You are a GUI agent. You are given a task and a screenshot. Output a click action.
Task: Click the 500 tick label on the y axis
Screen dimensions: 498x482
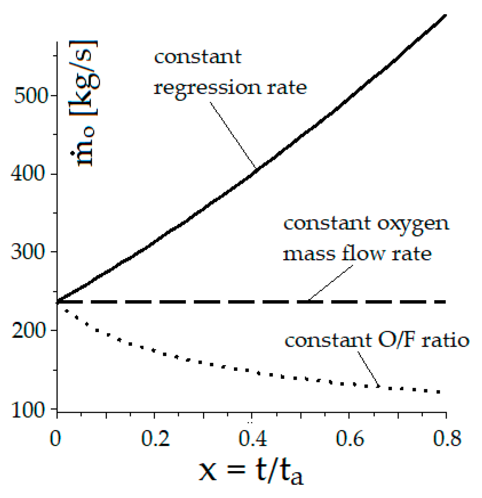pyautogui.click(x=30, y=96)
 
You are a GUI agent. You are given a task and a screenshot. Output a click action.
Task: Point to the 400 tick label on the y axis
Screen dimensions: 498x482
pyautogui.click(x=30, y=174)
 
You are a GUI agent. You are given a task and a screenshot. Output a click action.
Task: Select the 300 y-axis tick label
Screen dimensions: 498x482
pyautogui.click(x=30, y=253)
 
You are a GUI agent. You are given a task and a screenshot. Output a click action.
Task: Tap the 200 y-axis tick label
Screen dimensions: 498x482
pyautogui.click(x=30, y=331)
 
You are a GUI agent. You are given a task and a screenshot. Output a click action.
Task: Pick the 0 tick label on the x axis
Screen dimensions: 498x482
pyautogui.click(x=56, y=439)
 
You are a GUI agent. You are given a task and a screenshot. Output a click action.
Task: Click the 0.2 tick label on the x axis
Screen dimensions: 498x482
pyautogui.click(x=154, y=439)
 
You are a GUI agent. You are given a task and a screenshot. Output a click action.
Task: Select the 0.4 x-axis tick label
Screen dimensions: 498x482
pyautogui.click(x=251, y=439)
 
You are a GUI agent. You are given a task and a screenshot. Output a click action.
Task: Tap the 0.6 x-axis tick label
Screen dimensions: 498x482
pyautogui.click(x=349, y=439)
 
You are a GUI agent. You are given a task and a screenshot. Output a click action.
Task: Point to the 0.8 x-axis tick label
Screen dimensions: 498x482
pyautogui.click(x=445, y=439)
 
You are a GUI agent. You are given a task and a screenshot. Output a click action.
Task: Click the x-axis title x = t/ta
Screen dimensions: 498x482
pyautogui.click(x=251, y=472)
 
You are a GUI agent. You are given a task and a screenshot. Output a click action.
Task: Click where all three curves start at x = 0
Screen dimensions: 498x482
pyautogui.click(x=58, y=302)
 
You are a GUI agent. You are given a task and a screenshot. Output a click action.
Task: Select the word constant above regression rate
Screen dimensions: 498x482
pyautogui.click(x=198, y=57)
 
